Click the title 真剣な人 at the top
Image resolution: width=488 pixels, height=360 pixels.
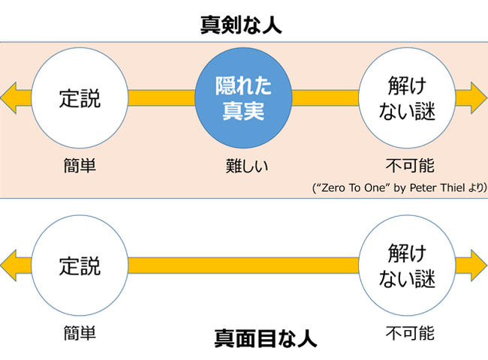(241, 25)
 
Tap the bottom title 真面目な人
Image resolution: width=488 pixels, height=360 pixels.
(266, 338)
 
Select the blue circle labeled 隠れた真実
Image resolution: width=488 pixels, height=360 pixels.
(243, 98)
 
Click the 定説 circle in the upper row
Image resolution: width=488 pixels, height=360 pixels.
(80, 98)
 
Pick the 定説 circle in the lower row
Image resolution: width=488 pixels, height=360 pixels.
(80, 265)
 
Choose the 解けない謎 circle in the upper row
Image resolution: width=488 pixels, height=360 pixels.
(407, 98)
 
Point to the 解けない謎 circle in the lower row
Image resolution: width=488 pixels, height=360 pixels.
(407, 265)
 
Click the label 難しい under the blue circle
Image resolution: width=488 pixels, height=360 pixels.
(247, 166)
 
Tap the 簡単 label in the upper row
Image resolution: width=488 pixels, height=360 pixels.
(80, 166)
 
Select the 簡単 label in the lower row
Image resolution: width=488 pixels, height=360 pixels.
(80, 333)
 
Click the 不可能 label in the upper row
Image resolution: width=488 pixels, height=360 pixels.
(410, 166)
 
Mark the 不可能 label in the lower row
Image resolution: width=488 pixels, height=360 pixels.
(410, 333)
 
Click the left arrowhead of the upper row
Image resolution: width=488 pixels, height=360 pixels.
(9, 98)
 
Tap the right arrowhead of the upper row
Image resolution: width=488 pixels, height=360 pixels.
(479, 98)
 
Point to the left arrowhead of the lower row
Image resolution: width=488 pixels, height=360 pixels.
(9, 265)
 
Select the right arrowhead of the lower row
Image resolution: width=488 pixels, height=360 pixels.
(479, 265)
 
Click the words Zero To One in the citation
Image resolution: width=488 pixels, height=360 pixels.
(353, 188)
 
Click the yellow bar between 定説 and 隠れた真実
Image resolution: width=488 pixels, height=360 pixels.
(161, 98)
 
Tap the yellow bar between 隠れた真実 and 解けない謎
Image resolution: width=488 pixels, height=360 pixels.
(325, 98)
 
